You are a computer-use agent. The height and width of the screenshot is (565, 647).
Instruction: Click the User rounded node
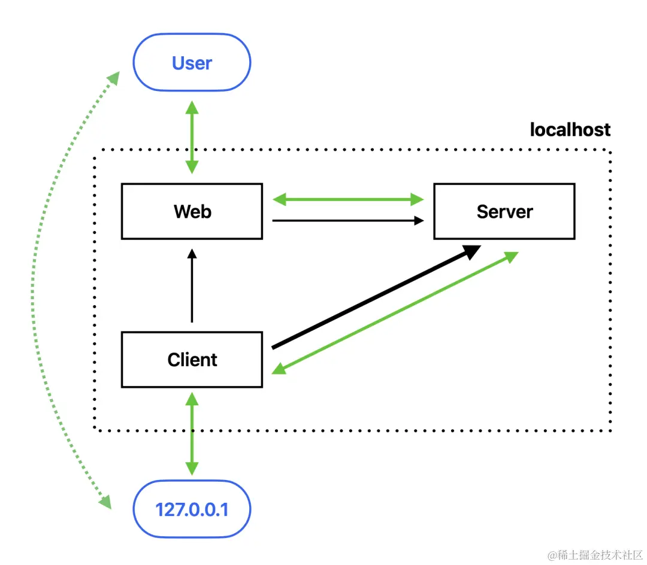(x=192, y=63)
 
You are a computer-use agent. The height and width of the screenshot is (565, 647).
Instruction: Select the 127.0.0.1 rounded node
(x=192, y=510)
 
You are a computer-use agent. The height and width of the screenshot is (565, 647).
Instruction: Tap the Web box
(x=192, y=211)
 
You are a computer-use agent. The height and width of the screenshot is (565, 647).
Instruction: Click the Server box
(x=504, y=211)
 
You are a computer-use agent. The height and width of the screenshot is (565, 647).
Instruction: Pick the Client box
(x=192, y=360)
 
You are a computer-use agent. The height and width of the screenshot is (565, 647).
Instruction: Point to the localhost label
(x=570, y=129)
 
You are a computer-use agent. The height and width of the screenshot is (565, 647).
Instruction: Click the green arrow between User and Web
(x=192, y=138)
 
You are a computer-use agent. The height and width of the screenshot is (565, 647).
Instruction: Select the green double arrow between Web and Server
(x=348, y=198)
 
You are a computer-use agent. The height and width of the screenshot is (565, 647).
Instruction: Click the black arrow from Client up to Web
(x=192, y=287)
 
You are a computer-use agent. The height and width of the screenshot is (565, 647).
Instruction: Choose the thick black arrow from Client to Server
(x=371, y=298)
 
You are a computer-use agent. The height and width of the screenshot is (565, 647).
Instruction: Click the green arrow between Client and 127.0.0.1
(x=192, y=434)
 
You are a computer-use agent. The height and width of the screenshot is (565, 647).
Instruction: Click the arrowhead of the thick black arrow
(x=472, y=251)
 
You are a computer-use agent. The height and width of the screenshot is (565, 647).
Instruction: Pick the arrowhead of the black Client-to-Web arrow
(x=192, y=254)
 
